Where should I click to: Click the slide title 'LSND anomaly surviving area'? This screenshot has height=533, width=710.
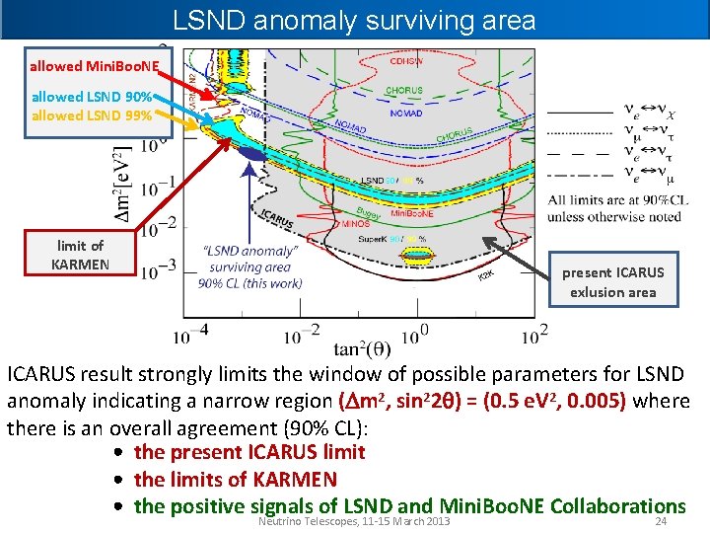click(354, 20)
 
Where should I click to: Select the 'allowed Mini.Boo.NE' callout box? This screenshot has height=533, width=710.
click(93, 66)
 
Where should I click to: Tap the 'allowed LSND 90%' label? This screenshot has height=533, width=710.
click(92, 98)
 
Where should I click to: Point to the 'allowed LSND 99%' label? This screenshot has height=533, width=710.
click(92, 115)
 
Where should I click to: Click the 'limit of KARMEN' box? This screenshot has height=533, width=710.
click(81, 255)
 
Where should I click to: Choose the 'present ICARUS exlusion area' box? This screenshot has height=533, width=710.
click(612, 282)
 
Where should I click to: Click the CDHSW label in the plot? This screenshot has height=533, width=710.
click(407, 61)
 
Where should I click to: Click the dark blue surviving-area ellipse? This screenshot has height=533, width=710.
click(252, 153)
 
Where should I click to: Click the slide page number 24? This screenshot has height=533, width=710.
click(662, 522)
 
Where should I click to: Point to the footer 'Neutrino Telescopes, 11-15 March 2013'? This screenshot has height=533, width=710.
click(352, 521)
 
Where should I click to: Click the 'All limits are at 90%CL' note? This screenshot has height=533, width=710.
click(618, 200)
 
